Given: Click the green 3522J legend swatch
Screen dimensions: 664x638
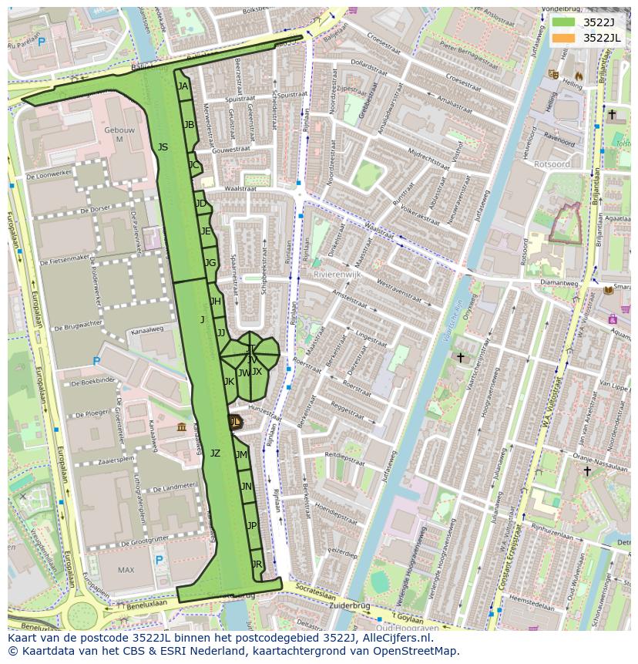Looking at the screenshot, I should coord(563,22).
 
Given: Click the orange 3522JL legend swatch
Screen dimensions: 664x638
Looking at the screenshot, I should coord(563,38).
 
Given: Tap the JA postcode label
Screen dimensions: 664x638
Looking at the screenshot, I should coord(183,86).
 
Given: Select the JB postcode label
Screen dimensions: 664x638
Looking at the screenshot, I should coord(189,124).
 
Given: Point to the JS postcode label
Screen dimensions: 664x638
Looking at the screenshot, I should coord(163,147).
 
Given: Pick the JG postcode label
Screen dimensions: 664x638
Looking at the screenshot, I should coord(210,263).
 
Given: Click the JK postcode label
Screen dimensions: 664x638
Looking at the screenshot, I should coord(229,381).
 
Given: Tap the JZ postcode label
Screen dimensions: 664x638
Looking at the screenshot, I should coord(215,453).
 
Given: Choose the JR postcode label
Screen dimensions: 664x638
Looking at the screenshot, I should coord(257,565).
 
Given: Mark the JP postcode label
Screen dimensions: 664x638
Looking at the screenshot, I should coord(252,525).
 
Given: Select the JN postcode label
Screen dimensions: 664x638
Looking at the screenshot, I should coord(246,486).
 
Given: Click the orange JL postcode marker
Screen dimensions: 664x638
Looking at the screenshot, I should coord(235,421).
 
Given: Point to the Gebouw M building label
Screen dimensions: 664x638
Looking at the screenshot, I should coord(113,134).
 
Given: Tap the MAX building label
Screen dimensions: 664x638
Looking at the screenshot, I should coord(126,570).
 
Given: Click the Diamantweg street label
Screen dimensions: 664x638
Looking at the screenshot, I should coord(559,282).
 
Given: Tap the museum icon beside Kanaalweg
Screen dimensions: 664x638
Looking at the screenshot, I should coord(181,427).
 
